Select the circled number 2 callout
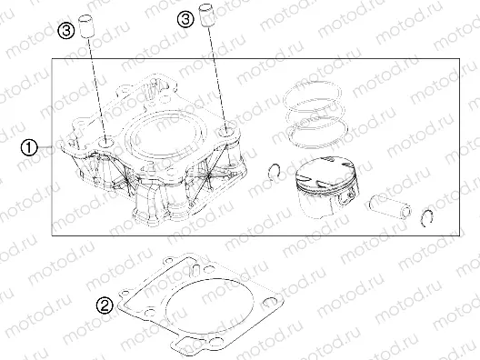[105, 305]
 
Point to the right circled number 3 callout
[185, 16]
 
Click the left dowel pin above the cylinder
[89, 25]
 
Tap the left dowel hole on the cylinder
[106, 142]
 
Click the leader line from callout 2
[120, 305]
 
